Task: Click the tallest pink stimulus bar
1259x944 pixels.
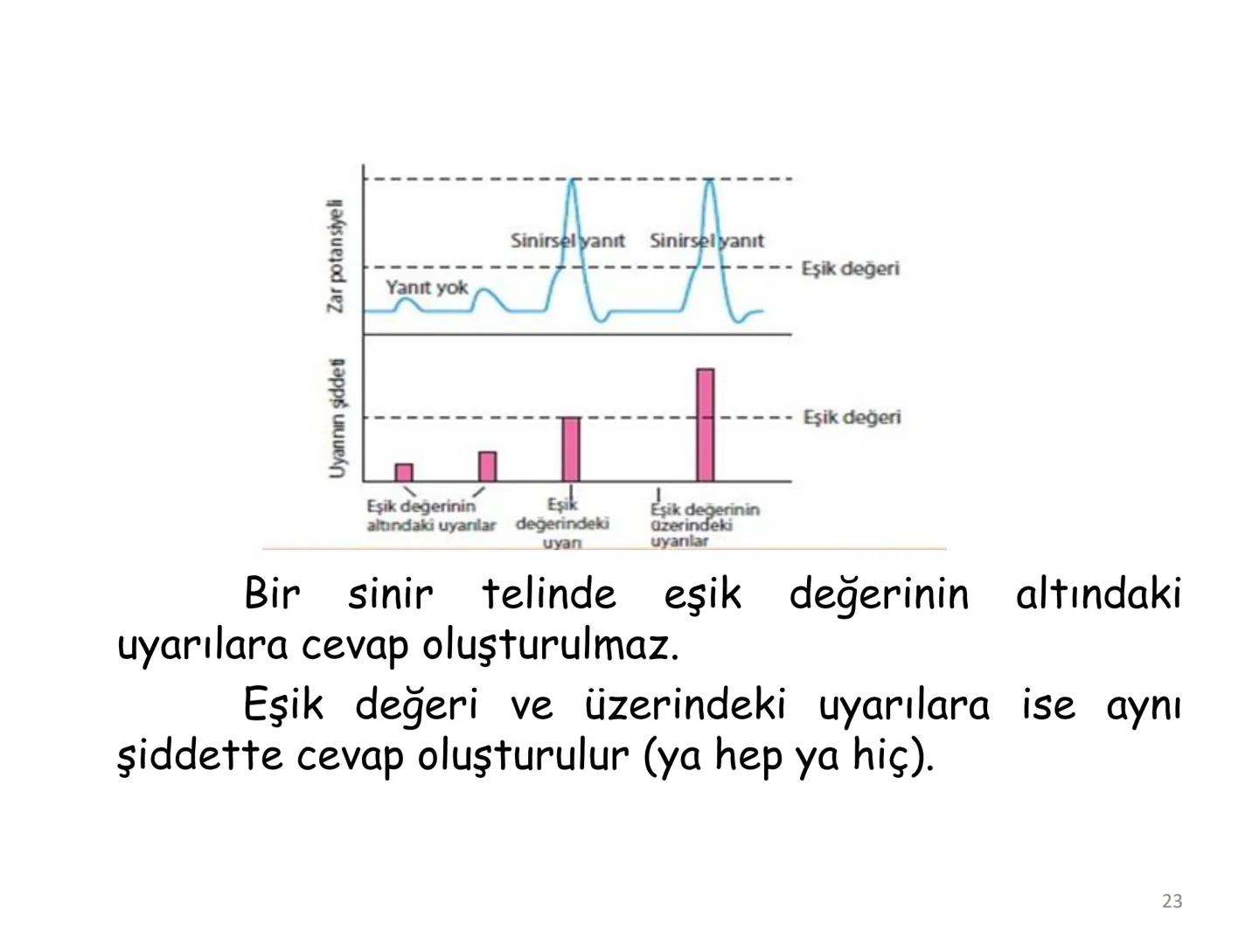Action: pyautogui.click(x=706, y=425)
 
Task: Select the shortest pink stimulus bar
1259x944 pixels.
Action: pyautogui.click(x=404, y=473)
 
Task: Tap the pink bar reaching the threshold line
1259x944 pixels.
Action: pyautogui.click(x=570, y=449)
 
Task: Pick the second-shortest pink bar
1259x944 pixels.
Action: pyautogui.click(x=488, y=467)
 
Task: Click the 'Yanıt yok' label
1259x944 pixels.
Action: pyautogui.click(x=427, y=288)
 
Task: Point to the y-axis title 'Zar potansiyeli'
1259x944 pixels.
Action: pyautogui.click(x=336, y=255)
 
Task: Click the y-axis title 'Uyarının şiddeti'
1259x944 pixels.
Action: pyautogui.click(x=337, y=419)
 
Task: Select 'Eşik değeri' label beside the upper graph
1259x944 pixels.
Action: pyautogui.click(x=850, y=268)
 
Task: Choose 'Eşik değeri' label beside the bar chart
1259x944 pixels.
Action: pyautogui.click(x=852, y=417)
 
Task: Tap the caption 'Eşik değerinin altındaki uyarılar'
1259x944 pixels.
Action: pyautogui.click(x=430, y=516)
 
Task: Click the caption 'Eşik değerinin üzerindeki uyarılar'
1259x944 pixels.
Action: pyautogui.click(x=704, y=524)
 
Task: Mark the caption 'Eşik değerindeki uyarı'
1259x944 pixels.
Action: pyautogui.click(x=562, y=524)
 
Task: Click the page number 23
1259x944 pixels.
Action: pyautogui.click(x=1172, y=901)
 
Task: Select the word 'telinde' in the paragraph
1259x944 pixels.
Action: pyautogui.click(x=549, y=595)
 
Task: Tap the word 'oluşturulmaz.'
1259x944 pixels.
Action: pyautogui.click(x=550, y=647)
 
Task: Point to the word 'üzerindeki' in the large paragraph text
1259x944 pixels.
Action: pyautogui.click(x=685, y=705)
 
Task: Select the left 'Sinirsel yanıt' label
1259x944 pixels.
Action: pyautogui.click(x=567, y=240)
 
